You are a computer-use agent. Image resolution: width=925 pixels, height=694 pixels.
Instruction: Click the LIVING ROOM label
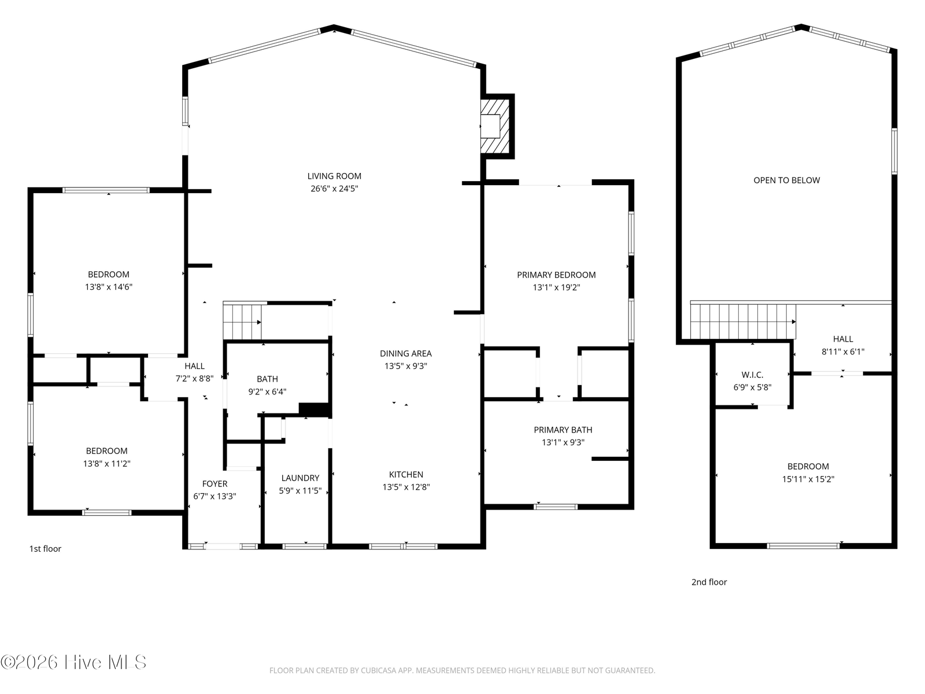[x=334, y=176]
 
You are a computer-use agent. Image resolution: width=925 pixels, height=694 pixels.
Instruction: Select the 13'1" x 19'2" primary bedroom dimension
[x=556, y=287]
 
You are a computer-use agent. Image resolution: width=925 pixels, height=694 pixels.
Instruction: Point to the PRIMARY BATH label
[x=563, y=430]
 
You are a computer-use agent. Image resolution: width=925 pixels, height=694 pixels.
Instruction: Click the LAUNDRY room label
[x=300, y=478]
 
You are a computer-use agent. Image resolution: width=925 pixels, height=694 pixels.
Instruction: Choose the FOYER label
[x=214, y=483]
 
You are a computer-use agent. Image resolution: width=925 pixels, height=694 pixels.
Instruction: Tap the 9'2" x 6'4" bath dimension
[x=267, y=392]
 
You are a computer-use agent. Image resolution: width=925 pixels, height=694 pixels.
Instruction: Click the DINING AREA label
[x=406, y=353]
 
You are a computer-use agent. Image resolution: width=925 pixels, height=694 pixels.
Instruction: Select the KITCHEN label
[x=406, y=474]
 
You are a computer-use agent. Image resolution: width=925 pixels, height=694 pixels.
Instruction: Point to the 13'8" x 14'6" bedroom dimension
[x=109, y=287]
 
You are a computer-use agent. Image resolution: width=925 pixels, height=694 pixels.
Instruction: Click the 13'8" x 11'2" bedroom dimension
[x=106, y=463]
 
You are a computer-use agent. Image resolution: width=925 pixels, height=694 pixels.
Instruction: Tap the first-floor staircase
[x=242, y=321]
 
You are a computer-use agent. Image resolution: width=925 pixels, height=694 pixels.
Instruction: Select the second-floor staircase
[x=743, y=321]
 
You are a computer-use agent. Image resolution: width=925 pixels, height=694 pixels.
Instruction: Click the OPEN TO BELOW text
[x=787, y=180]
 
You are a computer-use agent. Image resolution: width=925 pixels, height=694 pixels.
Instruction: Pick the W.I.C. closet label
[x=752, y=375]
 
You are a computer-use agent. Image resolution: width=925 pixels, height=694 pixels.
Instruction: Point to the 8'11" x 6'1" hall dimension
[x=843, y=352]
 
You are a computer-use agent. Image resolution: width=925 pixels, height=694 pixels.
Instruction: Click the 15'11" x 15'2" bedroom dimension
[x=808, y=479]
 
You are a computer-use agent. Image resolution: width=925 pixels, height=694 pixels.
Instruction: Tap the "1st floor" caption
[x=45, y=549]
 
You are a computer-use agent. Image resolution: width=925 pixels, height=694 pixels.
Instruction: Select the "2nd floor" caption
[x=709, y=582]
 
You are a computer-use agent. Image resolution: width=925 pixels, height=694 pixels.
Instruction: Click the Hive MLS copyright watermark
[x=73, y=662]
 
